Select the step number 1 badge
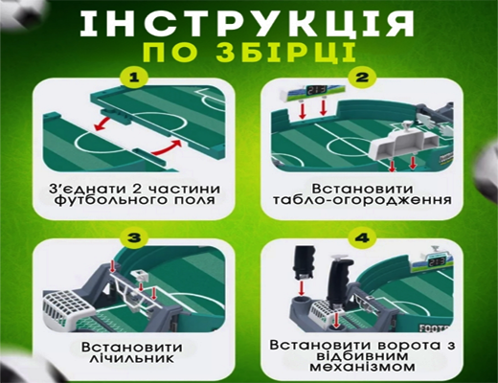coord(135,76)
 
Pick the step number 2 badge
coord(363,76)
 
